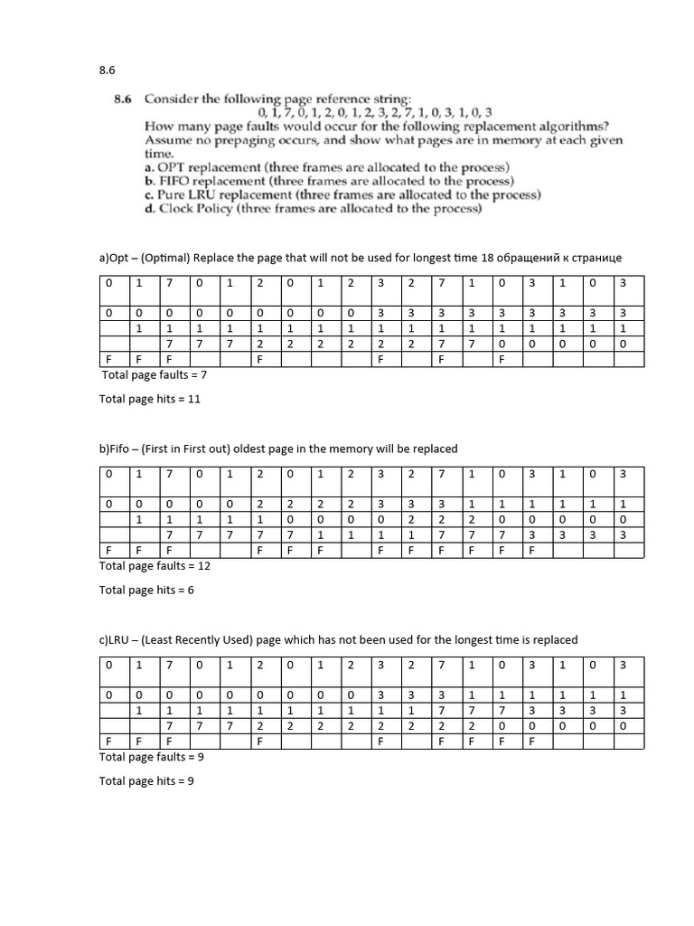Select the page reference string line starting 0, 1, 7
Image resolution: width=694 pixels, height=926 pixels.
[374, 112]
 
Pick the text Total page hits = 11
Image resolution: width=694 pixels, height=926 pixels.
[149, 399]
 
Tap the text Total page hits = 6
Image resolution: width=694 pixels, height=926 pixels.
[146, 591]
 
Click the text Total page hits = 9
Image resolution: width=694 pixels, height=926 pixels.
[146, 781]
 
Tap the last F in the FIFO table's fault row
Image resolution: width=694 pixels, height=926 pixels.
[531, 550]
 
